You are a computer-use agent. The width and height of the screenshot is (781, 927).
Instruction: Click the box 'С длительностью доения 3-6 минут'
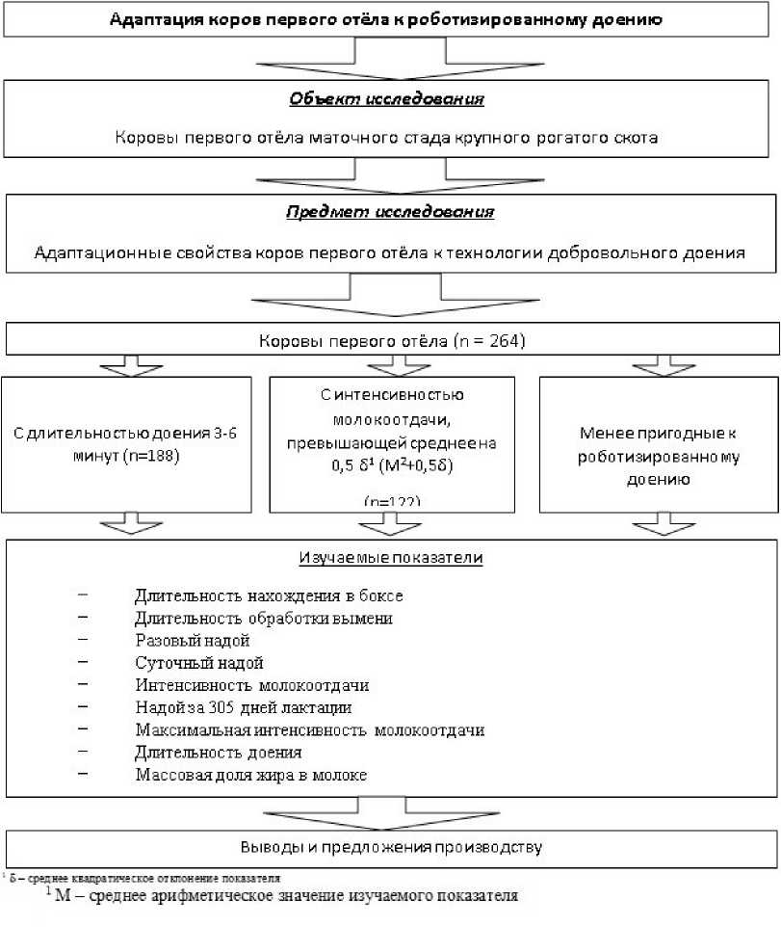click(x=126, y=442)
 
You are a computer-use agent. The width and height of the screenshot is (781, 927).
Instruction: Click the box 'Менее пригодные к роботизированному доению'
click(x=659, y=442)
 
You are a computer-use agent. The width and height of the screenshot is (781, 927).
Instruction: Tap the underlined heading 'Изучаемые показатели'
click(x=389, y=558)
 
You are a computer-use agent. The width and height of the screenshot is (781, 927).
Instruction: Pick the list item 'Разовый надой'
click(x=193, y=640)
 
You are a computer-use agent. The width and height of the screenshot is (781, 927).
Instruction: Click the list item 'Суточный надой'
click(x=199, y=663)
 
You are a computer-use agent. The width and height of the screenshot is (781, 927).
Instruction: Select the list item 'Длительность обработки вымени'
click(x=264, y=619)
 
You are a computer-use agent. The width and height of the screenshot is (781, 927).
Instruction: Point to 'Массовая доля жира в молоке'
click(x=251, y=774)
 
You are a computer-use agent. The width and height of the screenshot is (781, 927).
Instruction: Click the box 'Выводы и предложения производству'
click(x=389, y=848)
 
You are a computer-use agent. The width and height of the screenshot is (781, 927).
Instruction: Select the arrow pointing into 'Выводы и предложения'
click(x=389, y=811)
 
